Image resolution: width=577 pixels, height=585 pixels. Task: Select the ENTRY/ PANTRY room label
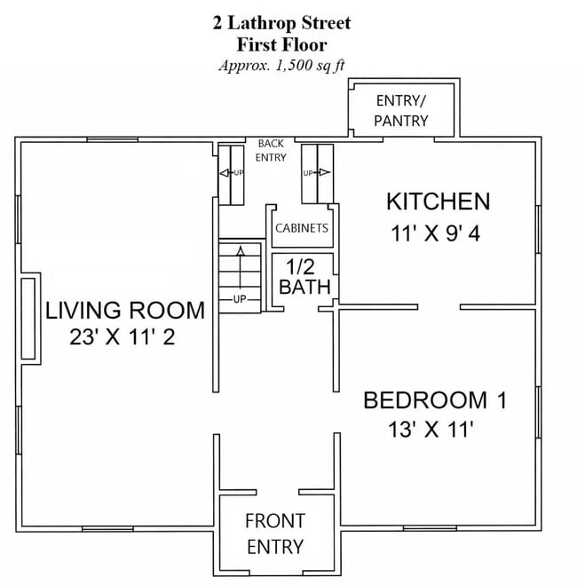coord(401,110)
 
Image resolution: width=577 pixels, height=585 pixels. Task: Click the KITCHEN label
coord(437,202)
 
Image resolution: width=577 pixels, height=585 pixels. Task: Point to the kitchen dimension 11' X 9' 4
coord(437,234)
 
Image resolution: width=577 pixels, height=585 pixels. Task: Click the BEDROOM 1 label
coord(435,400)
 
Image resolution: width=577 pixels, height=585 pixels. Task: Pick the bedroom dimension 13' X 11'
coord(431,431)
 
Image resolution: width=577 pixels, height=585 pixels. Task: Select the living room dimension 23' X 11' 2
coord(124,337)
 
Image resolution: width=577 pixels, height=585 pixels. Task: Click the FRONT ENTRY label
coord(275,533)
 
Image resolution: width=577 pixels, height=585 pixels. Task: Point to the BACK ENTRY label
coord(271,150)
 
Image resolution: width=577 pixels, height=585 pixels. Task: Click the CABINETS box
coord(302,228)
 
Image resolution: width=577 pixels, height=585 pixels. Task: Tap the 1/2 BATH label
coord(304,277)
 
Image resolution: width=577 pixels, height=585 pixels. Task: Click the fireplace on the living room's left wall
coord(28,318)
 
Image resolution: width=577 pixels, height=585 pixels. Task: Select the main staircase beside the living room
coord(240,277)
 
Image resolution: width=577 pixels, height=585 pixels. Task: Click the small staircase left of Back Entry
coord(232,173)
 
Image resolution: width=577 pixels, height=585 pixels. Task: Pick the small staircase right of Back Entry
coord(317,173)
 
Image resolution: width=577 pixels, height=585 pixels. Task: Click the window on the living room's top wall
coord(113,139)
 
